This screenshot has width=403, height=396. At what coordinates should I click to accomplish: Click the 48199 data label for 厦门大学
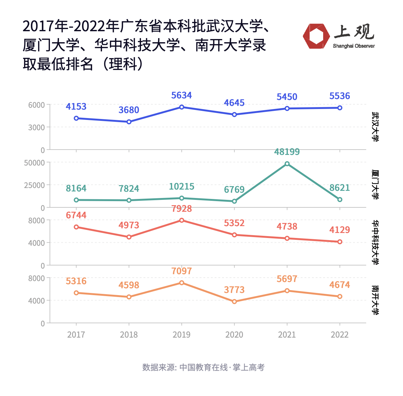click(x=287, y=152)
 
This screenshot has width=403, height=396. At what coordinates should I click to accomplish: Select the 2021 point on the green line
click(x=287, y=164)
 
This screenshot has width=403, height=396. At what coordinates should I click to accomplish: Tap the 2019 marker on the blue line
click(x=182, y=107)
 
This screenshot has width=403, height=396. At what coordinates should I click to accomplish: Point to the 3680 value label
click(x=129, y=110)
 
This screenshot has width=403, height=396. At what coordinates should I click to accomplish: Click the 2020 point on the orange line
click(x=234, y=302)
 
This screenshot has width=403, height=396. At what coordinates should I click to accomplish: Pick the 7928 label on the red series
click(x=182, y=209)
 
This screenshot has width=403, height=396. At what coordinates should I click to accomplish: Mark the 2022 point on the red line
click(x=340, y=242)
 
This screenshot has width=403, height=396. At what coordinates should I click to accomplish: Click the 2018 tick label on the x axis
click(x=129, y=335)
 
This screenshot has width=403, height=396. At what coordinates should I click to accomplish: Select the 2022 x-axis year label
click(x=340, y=335)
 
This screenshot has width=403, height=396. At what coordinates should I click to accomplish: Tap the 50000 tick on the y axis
click(x=34, y=163)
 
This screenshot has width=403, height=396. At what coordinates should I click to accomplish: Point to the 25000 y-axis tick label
click(x=34, y=185)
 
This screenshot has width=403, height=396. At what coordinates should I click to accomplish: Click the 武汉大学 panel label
click(x=376, y=127)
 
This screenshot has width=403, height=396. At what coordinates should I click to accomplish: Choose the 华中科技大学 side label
click(x=376, y=242)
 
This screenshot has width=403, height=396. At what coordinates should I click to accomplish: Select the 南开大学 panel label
click(x=376, y=300)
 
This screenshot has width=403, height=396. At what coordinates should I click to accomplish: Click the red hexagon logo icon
click(x=316, y=36)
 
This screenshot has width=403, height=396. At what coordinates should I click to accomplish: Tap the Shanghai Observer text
click(x=354, y=46)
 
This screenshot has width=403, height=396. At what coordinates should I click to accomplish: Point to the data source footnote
click(x=203, y=367)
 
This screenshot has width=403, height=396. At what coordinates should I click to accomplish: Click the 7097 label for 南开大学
click(x=182, y=271)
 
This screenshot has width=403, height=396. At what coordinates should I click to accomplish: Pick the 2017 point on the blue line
click(x=76, y=118)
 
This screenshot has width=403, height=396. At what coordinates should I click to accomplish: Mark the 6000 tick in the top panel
click(x=36, y=105)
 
